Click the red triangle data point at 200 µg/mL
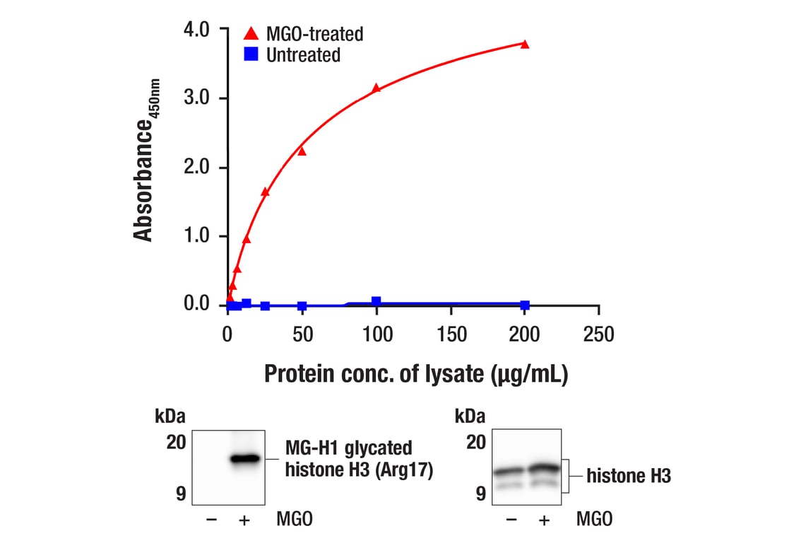click(525, 45)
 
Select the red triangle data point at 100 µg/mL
click(376, 88)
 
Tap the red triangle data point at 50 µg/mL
click(302, 151)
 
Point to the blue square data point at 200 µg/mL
click(525, 305)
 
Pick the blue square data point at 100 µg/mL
click(376, 302)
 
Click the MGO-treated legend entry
click(304, 33)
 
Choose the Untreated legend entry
click(293, 54)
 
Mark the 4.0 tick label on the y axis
click(196, 30)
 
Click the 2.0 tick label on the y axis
click(196, 168)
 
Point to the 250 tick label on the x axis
click(598, 333)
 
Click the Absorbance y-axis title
click(146, 160)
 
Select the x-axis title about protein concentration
click(416, 374)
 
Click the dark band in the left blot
click(245, 459)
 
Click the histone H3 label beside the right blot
click(629, 477)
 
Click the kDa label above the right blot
click(470, 415)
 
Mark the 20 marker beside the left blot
click(176, 443)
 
